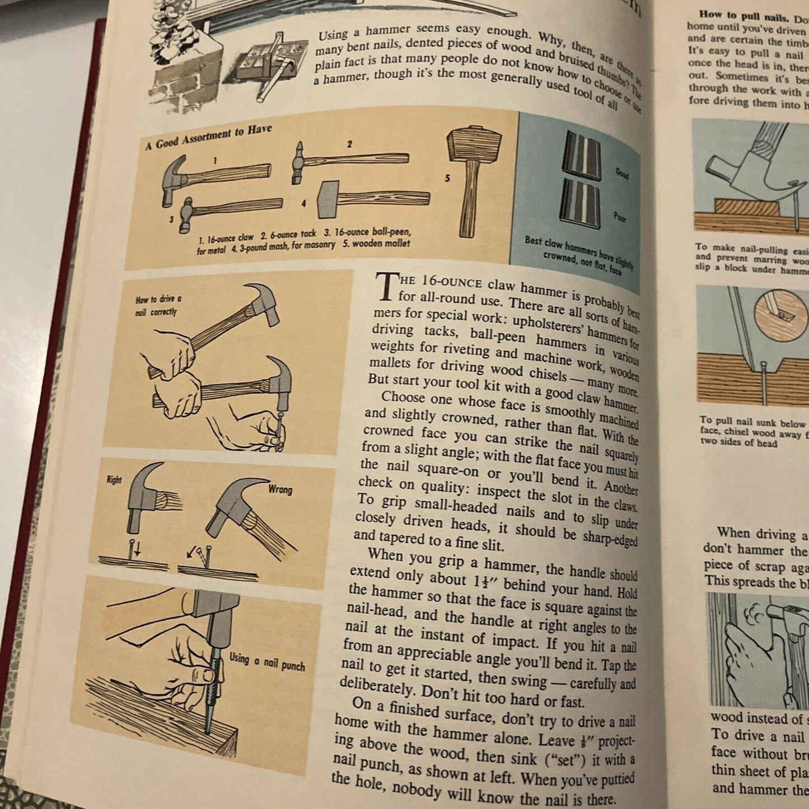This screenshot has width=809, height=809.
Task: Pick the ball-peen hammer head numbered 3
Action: click(x=185, y=215)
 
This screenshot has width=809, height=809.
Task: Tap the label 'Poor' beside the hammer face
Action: click(x=620, y=217)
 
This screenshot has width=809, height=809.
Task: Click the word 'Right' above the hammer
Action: click(x=114, y=480)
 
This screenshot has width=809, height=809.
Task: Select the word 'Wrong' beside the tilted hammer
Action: click(x=280, y=489)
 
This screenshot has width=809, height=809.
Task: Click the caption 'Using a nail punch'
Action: click(x=267, y=662)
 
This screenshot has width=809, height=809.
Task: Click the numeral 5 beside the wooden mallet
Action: click(x=447, y=178)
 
